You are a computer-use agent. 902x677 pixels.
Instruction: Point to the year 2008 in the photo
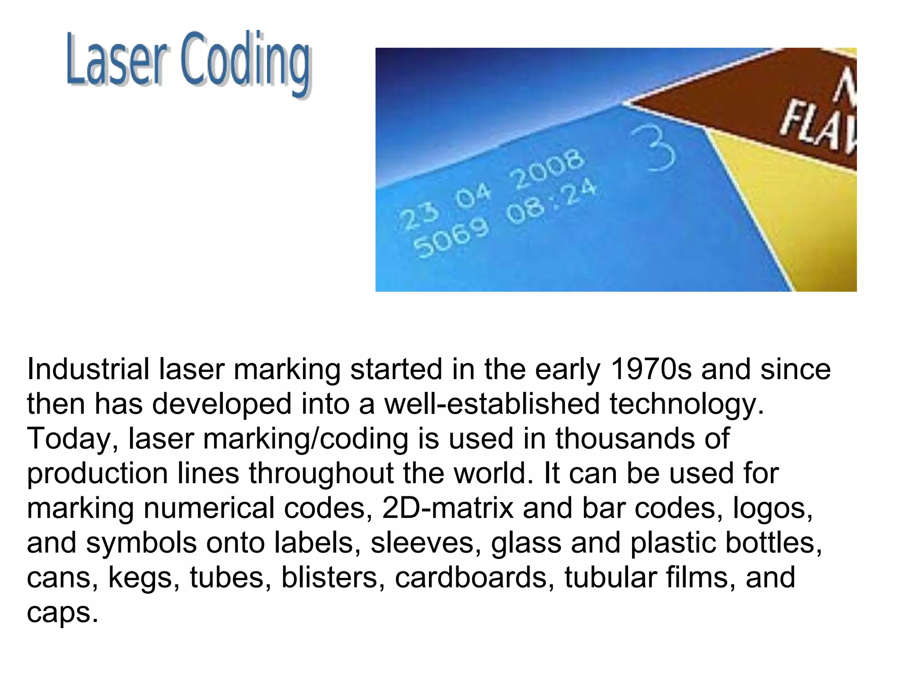point(548,169)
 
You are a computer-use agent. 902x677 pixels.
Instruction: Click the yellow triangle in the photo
point(793,212)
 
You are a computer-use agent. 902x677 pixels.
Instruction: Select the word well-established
point(492,403)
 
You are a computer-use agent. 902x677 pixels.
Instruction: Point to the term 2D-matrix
point(447,508)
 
